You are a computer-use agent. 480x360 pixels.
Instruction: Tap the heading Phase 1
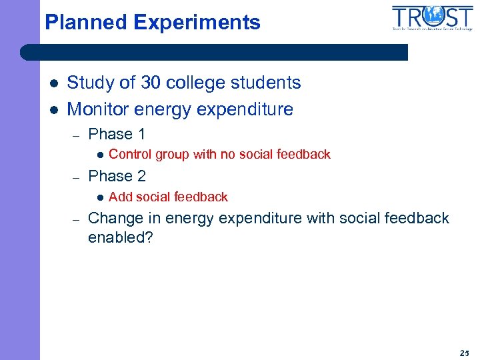(x=117, y=134)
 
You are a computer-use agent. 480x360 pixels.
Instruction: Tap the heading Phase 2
(x=117, y=176)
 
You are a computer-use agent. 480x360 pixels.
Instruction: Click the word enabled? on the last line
(x=120, y=238)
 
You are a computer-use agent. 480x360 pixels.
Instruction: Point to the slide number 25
(x=464, y=352)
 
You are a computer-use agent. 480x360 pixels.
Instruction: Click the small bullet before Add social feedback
(x=99, y=197)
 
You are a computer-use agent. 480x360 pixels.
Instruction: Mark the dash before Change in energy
(x=77, y=219)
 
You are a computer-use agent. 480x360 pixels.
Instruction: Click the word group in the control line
(x=172, y=155)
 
